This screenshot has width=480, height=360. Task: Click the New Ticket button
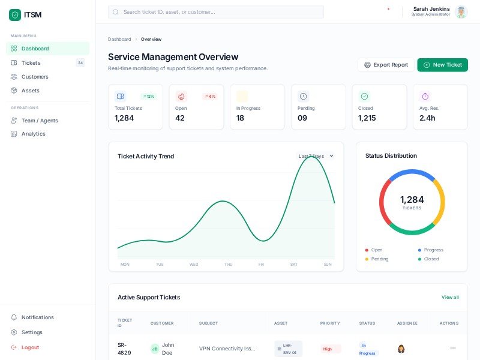pyautogui.click(x=442, y=65)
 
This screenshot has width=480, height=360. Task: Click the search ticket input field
pyautogui.click(x=216, y=12)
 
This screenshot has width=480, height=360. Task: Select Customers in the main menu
pyautogui.click(x=35, y=77)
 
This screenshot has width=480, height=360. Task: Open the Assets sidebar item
pyautogui.click(x=30, y=91)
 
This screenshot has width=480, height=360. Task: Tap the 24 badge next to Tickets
pyautogui.click(x=80, y=63)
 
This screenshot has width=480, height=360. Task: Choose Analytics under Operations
pyautogui.click(x=33, y=134)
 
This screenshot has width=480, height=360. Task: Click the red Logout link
pyautogui.click(x=30, y=347)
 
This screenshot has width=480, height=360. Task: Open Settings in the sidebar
pyautogui.click(x=32, y=332)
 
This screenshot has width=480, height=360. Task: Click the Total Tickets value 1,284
pyautogui.click(x=124, y=118)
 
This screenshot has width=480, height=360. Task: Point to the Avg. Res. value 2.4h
pyautogui.click(x=427, y=118)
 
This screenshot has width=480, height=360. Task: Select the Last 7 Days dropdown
pyautogui.click(x=316, y=156)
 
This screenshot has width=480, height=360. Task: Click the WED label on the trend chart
pyautogui.click(x=194, y=265)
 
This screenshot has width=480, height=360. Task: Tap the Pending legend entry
pyautogui.click(x=380, y=259)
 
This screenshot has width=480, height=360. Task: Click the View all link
pyautogui.click(x=450, y=298)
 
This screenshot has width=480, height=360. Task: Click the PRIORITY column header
pyautogui.click(x=330, y=323)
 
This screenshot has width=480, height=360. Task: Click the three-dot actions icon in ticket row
pyautogui.click(x=452, y=348)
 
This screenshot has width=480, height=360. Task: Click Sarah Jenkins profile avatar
pyautogui.click(x=461, y=12)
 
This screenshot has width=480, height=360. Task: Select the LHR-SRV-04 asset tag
pyautogui.click(x=289, y=349)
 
